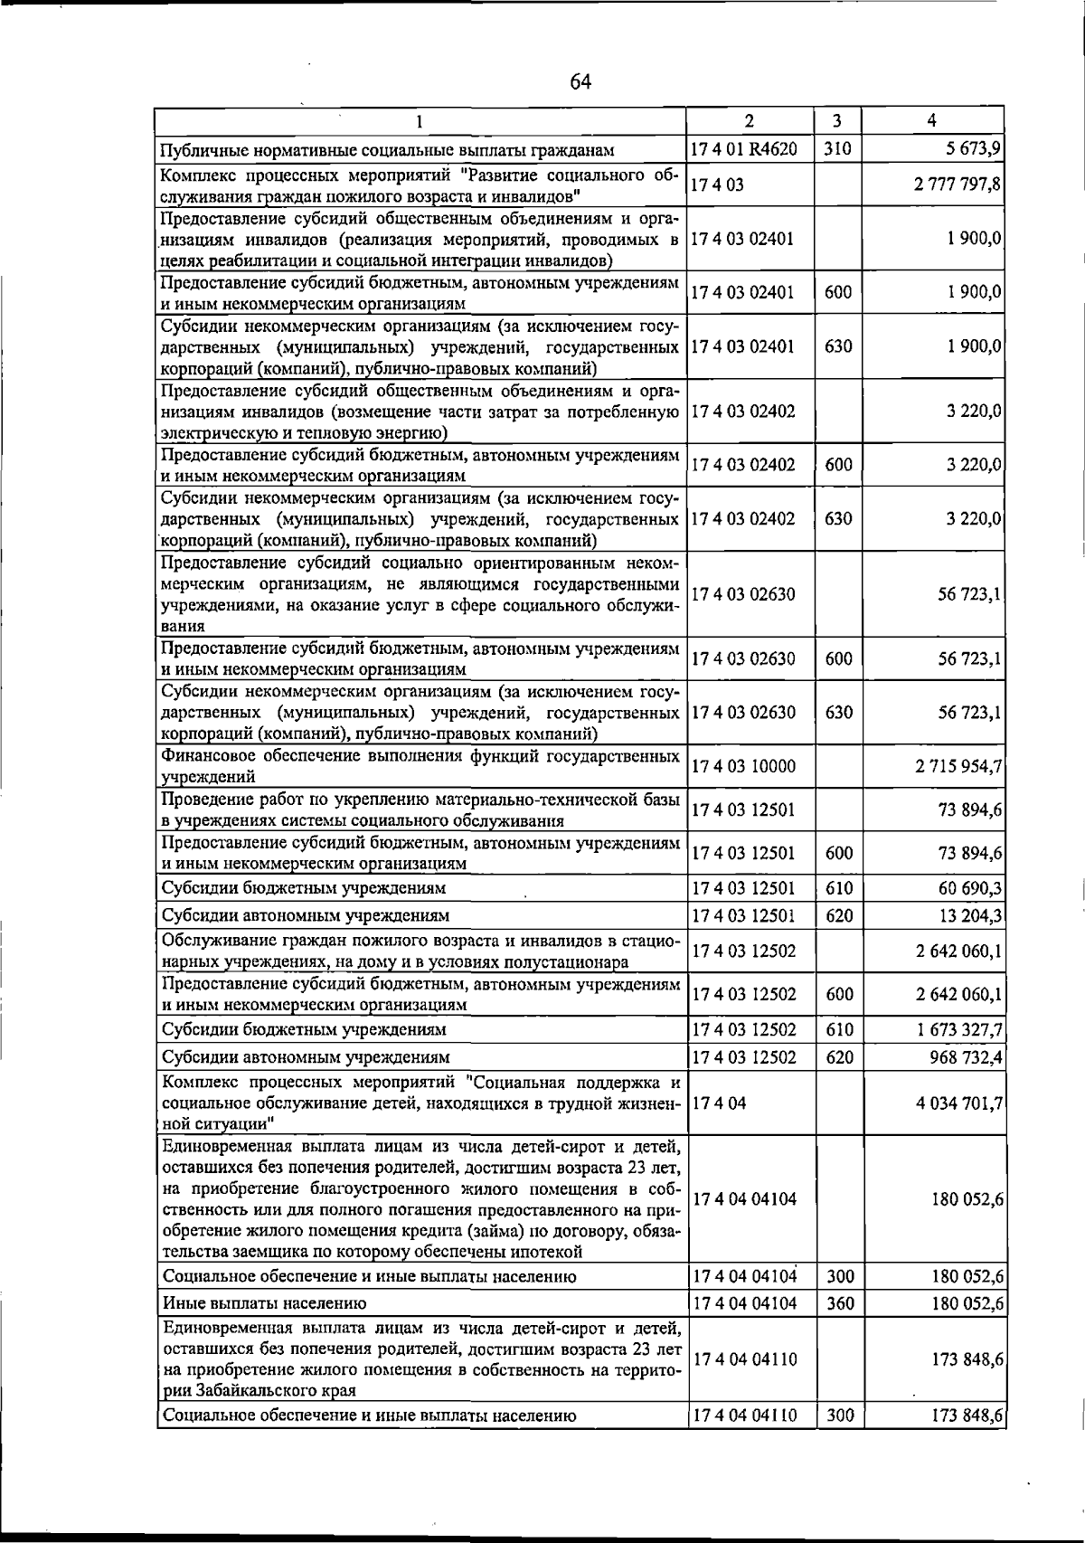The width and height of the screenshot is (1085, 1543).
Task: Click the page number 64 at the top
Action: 580,82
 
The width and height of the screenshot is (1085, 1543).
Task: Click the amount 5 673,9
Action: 967,148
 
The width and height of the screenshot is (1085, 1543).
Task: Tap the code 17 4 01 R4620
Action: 744,148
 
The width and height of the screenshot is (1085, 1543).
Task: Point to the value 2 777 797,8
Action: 958,185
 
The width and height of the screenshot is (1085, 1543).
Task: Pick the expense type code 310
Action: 838,148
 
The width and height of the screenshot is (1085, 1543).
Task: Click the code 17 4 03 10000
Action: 744,766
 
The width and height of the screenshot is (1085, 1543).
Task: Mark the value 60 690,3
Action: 970,888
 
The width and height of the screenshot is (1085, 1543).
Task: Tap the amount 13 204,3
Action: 970,915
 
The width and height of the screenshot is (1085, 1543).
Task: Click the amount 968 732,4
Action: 964,1056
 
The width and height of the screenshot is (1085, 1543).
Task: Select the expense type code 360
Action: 839,1303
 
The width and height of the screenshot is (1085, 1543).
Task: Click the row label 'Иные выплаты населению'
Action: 264,1303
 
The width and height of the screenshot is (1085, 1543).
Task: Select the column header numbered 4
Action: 931,121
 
